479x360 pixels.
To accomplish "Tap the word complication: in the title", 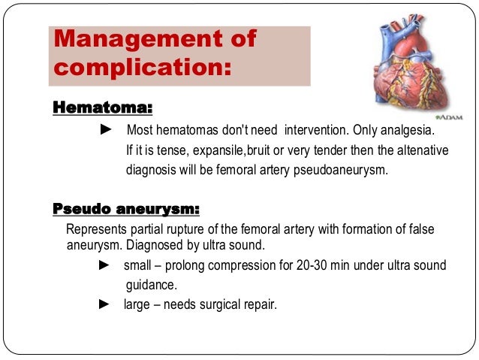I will tap(140, 68).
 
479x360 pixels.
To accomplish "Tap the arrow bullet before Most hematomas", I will tap(105, 132).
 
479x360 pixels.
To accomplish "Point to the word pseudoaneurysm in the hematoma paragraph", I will tap(345, 170).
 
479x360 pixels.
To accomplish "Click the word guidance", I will tap(150, 286).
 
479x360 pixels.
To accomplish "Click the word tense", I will tap(163, 151).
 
